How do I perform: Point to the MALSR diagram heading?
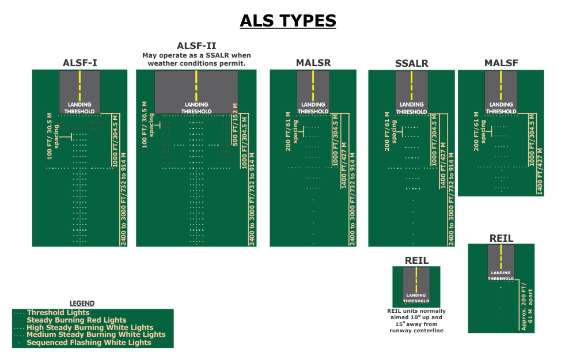[313, 63]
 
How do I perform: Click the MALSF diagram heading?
[501, 63]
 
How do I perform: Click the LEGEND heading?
[82, 303]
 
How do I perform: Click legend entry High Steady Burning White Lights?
[89, 327]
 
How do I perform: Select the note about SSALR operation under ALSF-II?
[196, 59]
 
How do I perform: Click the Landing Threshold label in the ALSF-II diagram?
[196, 108]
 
